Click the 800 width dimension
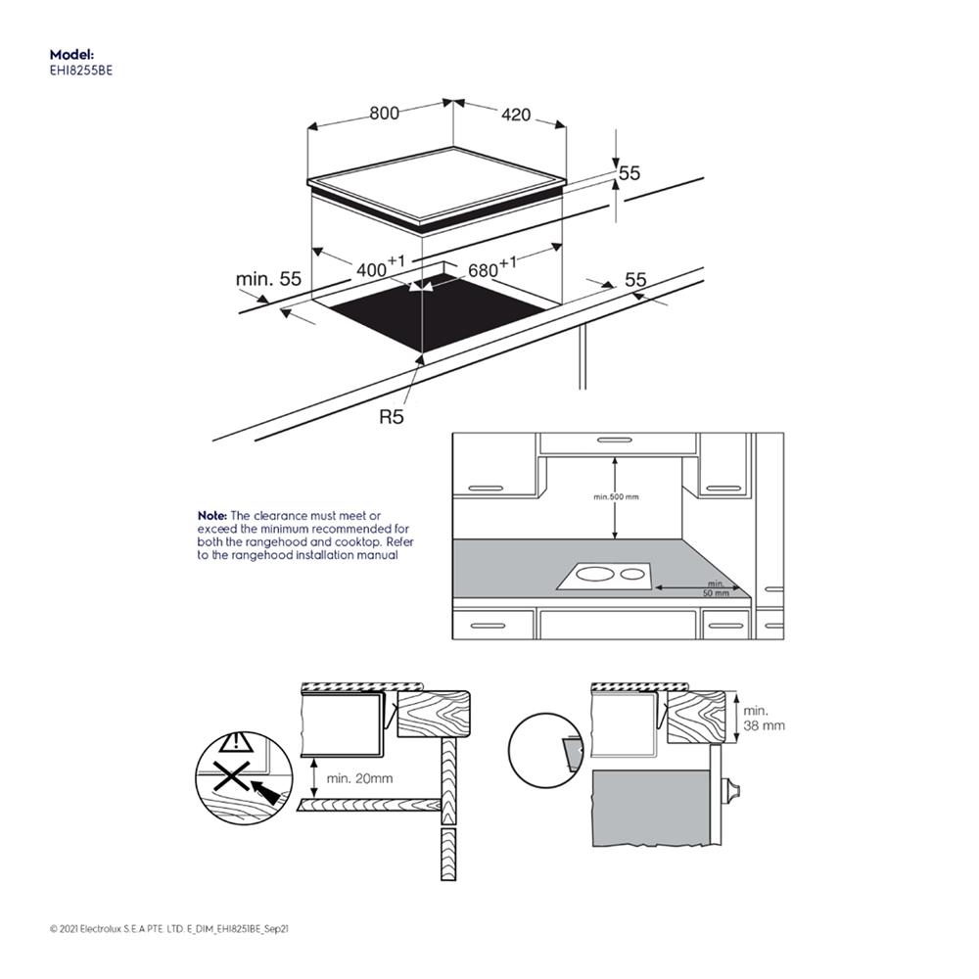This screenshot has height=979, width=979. coord(384,114)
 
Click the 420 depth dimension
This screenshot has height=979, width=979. coord(515,116)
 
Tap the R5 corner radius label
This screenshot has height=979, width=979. coord(392,417)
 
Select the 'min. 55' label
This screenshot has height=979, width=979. coord(268,279)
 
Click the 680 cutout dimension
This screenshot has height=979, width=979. coord(489,267)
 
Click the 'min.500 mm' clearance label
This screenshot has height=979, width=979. coord(616,497)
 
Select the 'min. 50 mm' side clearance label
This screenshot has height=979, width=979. coord(717,588)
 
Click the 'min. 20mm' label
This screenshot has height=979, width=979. coord(359,778)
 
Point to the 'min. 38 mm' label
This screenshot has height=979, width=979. coord(764,718)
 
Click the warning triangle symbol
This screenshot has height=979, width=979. coord(235,742)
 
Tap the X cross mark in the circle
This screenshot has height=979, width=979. coord(232,779)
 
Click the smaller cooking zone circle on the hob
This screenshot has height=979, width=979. coord(633,574)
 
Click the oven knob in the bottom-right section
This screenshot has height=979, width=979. coord(730,790)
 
